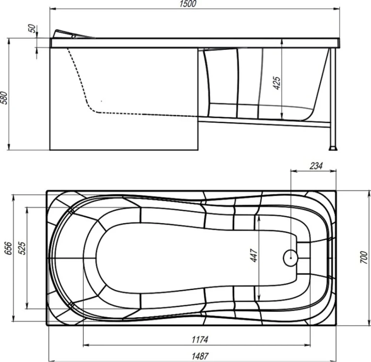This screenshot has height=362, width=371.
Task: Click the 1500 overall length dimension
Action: pos(188,4)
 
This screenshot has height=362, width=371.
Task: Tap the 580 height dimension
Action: pos(4,98)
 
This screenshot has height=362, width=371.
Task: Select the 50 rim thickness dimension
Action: pos(33,29)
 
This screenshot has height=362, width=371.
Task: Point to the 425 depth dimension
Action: pos(277,83)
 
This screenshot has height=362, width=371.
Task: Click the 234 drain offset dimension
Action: pos(316,166)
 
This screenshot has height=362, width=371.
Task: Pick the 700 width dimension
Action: pos(364,258)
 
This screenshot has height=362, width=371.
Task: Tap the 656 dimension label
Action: pos(8,248)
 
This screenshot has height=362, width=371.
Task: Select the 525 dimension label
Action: pos(22,248)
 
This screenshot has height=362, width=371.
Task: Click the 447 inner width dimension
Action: pos(254,256)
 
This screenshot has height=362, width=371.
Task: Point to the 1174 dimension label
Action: pos(200,340)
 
